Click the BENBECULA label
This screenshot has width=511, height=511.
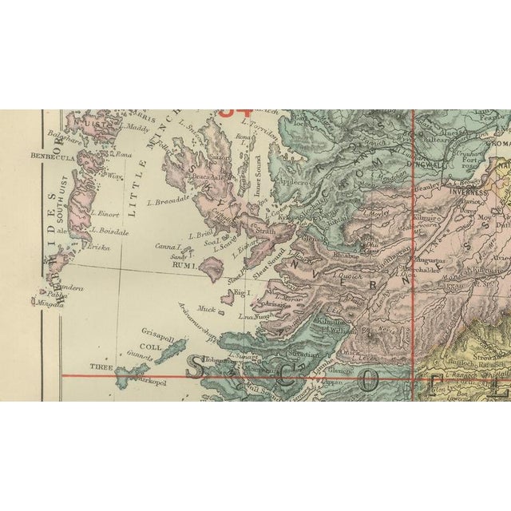coord(52,155)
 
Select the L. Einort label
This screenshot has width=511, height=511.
coord(106,213)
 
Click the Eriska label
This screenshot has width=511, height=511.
coord(99,248)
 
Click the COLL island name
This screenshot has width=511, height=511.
coord(151,347)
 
